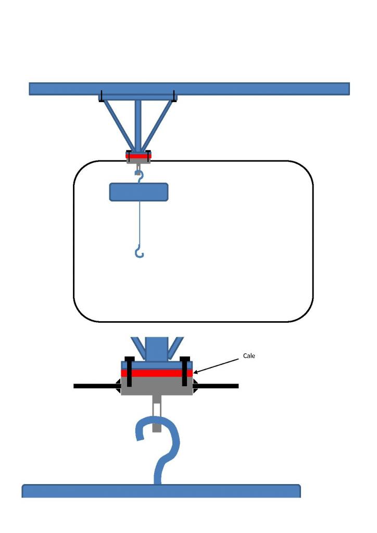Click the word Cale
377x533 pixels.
click(x=249, y=356)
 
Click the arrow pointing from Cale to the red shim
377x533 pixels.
click(x=216, y=366)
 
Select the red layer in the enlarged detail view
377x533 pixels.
click(x=157, y=373)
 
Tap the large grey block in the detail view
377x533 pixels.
click(x=157, y=386)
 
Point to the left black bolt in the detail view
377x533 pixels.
click(x=129, y=371)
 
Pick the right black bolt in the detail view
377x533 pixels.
click(x=184, y=371)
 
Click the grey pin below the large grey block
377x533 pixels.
click(x=157, y=413)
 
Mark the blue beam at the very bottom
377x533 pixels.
click(x=161, y=491)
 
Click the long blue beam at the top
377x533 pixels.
click(x=190, y=88)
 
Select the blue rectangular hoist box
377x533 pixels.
click(x=139, y=192)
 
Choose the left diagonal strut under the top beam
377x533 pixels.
click(x=119, y=125)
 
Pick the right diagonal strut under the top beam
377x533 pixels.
click(x=158, y=125)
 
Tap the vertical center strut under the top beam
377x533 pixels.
click(x=138, y=126)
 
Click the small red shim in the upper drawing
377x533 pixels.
click(x=139, y=156)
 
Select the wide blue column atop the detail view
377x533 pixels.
click(x=157, y=348)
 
